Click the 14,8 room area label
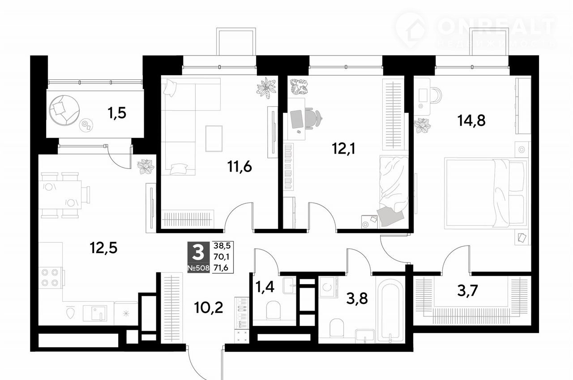(471, 121)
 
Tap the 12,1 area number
(343, 148)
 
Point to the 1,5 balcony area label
(117, 113)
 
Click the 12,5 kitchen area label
(103, 248)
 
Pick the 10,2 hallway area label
(209, 307)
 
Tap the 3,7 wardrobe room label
(468, 291)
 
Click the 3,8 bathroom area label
(357, 298)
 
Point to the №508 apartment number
(198, 268)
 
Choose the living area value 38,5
(222, 246)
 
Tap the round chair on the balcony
(64, 110)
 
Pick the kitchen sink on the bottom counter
(94, 313)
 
